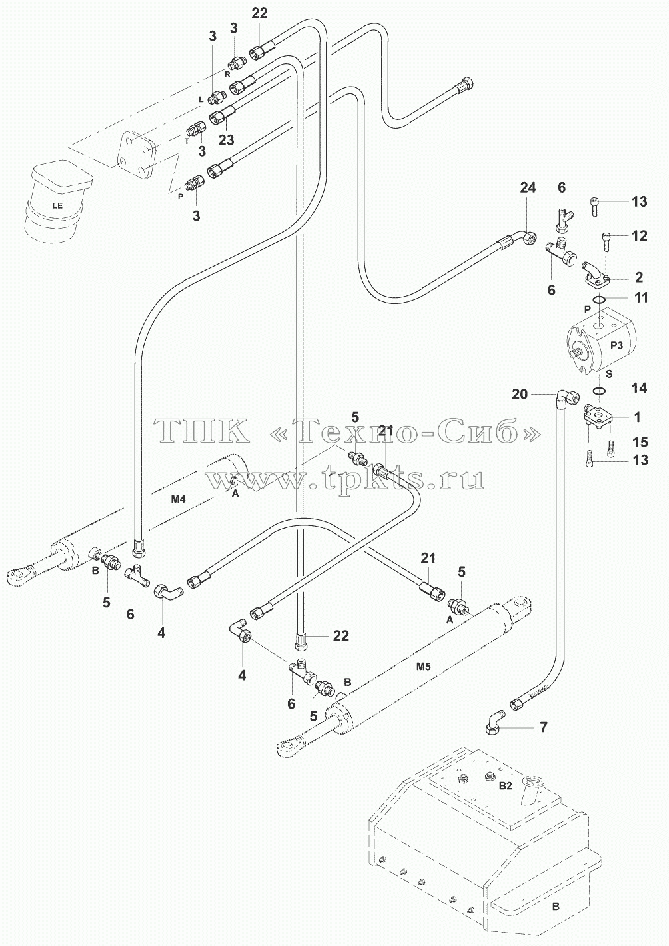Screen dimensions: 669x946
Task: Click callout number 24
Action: coord(528,187)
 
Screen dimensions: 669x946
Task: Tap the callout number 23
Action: coord(227,140)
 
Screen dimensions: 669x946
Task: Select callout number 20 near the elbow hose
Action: coord(520,394)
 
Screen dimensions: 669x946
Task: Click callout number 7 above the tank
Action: coord(544,727)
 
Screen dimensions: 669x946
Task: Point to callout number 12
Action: coord(640,235)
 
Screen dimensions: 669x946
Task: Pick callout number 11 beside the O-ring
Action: coord(641,298)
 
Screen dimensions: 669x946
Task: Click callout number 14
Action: coord(640,388)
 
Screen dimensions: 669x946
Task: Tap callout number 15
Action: coord(640,442)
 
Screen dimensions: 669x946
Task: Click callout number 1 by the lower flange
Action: coord(637,417)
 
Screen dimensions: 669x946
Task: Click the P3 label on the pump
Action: coord(616,345)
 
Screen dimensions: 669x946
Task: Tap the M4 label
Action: coord(178,499)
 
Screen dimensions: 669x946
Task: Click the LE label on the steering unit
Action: coord(57,206)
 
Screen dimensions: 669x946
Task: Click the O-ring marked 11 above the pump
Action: coord(599,300)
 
